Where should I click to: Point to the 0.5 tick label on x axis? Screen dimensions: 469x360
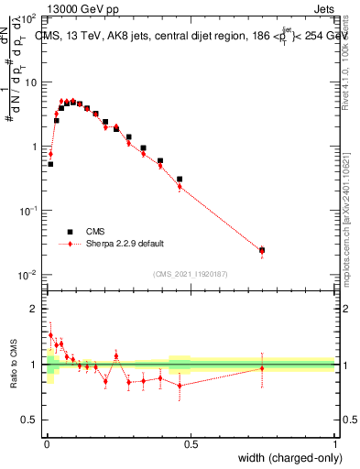pyautogui.click(x=191, y=444)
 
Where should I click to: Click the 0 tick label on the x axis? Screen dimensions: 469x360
pyautogui.click(x=47, y=444)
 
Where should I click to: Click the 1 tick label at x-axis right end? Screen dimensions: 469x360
pyautogui.click(x=334, y=444)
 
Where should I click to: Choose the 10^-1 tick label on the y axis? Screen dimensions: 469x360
pyautogui.click(x=27, y=211)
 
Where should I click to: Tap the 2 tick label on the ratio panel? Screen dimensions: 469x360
pyautogui.click(x=33, y=309)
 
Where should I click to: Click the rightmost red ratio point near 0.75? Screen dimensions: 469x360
pyautogui.click(x=262, y=368)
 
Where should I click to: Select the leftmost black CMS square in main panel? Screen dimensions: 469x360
pyautogui.click(x=50, y=164)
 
